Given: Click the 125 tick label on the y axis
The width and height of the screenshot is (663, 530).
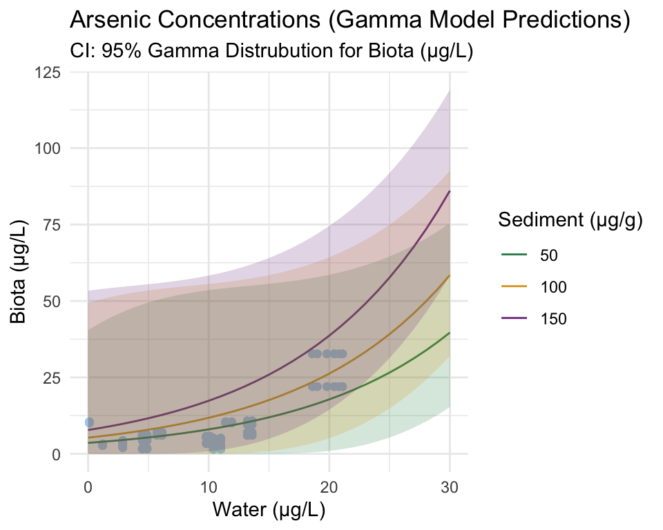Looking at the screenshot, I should coord(47,72).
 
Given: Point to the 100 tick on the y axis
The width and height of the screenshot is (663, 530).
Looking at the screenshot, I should coord(47,148).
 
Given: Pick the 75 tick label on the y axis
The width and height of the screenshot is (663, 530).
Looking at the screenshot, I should coord(51,225).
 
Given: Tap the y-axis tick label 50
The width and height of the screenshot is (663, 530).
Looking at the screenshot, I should coord(51,302).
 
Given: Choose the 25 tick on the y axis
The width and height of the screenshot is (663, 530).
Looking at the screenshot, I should coord(51,377).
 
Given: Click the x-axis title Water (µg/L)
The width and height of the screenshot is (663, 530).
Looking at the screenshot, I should coord(269,511).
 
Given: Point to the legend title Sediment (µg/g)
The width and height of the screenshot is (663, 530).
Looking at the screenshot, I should coord(571,221).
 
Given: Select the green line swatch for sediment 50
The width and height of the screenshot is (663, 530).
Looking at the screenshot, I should coord(514,255).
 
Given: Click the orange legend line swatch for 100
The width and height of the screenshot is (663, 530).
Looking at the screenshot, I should coord(514,286).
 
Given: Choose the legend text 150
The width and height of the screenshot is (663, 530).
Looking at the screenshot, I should coord(553,318).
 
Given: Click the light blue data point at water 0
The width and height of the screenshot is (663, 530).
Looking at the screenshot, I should coord(88,422).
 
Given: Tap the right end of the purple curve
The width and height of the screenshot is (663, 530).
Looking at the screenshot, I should coord(450,192).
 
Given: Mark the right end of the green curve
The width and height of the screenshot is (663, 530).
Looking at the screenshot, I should coord(450,333).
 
